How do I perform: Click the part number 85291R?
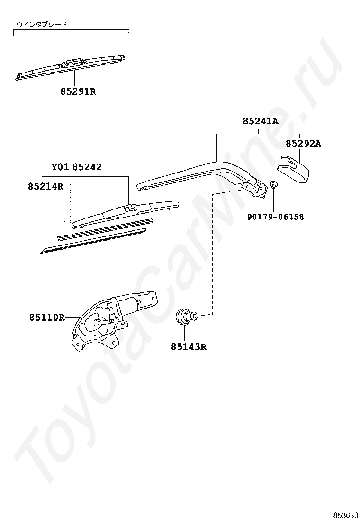click(78, 91)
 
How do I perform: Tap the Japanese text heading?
click(41, 24)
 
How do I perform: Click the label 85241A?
click(261, 121)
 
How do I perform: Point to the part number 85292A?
click(303, 144)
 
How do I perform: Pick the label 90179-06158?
click(275, 217)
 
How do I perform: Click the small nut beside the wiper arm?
click(274, 185)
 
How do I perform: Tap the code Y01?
click(60, 167)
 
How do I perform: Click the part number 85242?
click(87, 167)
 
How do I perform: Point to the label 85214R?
click(45, 187)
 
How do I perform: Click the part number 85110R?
click(46, 317)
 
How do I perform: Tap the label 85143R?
click(189, 347)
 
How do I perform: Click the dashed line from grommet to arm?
click(213, 251)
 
